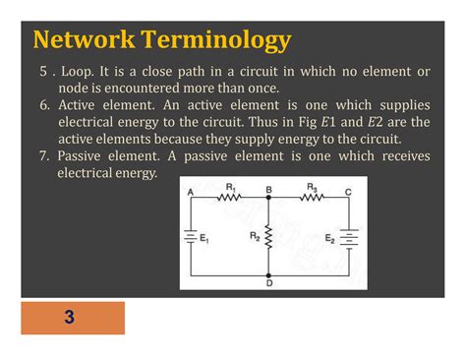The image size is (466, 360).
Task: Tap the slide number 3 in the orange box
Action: pyautogui.click(x=70, y=318)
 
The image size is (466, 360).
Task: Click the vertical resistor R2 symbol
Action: pyautogui.click(x=268, y=237)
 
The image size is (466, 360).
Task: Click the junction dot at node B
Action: pyautogui.click(x=268, y=198)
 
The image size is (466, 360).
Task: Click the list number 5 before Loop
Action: pyautogui.click(x=43, y=72)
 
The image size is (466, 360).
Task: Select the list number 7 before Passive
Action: pyautogui.click(x=43, y=155)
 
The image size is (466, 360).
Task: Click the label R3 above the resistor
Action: pyautogui.click(x=313, y=186)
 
